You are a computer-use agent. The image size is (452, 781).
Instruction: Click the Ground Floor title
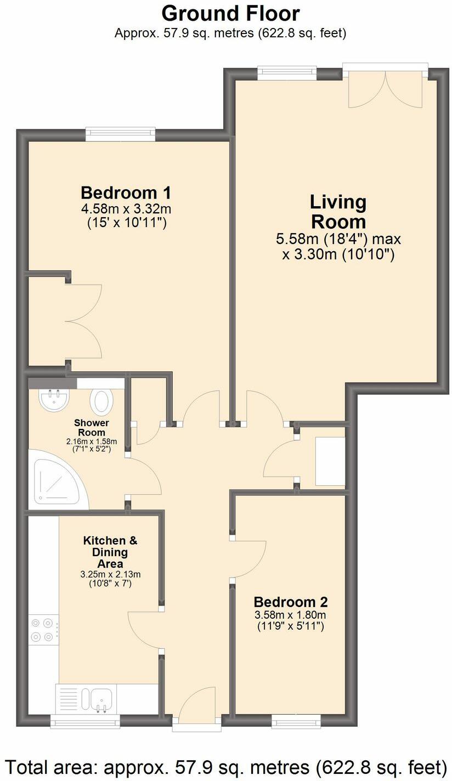click(x=230, y=13)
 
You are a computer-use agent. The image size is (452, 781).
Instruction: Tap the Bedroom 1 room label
click(x=126, y=193)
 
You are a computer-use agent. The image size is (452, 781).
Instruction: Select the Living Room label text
click(x=338, y=212)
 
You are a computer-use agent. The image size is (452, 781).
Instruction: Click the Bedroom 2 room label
click(x=291, y=601)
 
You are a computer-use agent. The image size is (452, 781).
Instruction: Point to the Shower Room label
click(x=92, y=428)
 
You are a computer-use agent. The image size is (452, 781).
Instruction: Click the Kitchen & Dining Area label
click(x=110, y=552)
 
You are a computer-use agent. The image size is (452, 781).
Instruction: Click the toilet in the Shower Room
click(x=101, y=401)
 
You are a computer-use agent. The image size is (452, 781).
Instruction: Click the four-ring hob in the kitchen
click(x=43, y=630)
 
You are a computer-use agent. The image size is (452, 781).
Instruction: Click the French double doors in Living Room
click(x=386, y=88)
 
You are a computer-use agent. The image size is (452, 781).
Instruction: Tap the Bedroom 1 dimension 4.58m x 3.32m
click(x=126, y=209)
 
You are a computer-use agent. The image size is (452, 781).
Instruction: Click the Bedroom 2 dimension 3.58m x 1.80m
click(x=290, y=615)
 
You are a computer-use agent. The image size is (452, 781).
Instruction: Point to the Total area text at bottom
click(x=226, y=766)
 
